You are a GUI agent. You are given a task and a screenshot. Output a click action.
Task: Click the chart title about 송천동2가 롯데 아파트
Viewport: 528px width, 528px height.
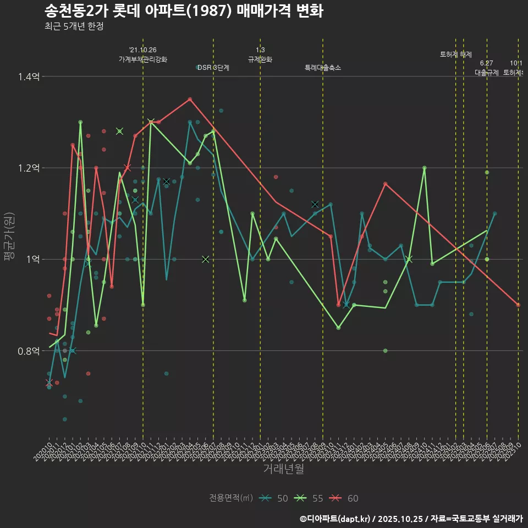coord(183,11)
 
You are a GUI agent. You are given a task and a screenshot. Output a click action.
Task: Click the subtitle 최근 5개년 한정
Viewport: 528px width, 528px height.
coord(74,26)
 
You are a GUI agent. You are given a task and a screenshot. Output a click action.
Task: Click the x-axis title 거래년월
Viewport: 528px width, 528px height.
coord(283,469)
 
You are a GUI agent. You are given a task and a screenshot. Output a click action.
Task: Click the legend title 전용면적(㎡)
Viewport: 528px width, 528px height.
coord(231,498)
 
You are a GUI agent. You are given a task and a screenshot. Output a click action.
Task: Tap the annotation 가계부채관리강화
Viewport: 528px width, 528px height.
coord(143,59)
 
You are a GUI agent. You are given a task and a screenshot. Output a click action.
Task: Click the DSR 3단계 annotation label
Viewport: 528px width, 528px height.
coord(213,68)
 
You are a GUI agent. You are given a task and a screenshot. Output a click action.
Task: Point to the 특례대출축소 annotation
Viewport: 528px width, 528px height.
coord(323,68)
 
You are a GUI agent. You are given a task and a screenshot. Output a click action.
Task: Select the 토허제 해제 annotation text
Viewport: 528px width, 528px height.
coord(456,54)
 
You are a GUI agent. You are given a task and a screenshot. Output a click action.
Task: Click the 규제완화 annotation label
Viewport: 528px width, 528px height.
coord(260,59)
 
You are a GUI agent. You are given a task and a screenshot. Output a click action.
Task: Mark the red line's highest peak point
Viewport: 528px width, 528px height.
coord(190,99)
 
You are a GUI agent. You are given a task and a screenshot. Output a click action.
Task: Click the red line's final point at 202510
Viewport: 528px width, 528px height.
coord(518,305)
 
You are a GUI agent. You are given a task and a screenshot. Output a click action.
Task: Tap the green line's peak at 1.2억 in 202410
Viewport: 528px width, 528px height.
coord(424,168)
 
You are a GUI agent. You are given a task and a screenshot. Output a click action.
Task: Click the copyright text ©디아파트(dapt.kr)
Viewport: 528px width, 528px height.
coord(336,519)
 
